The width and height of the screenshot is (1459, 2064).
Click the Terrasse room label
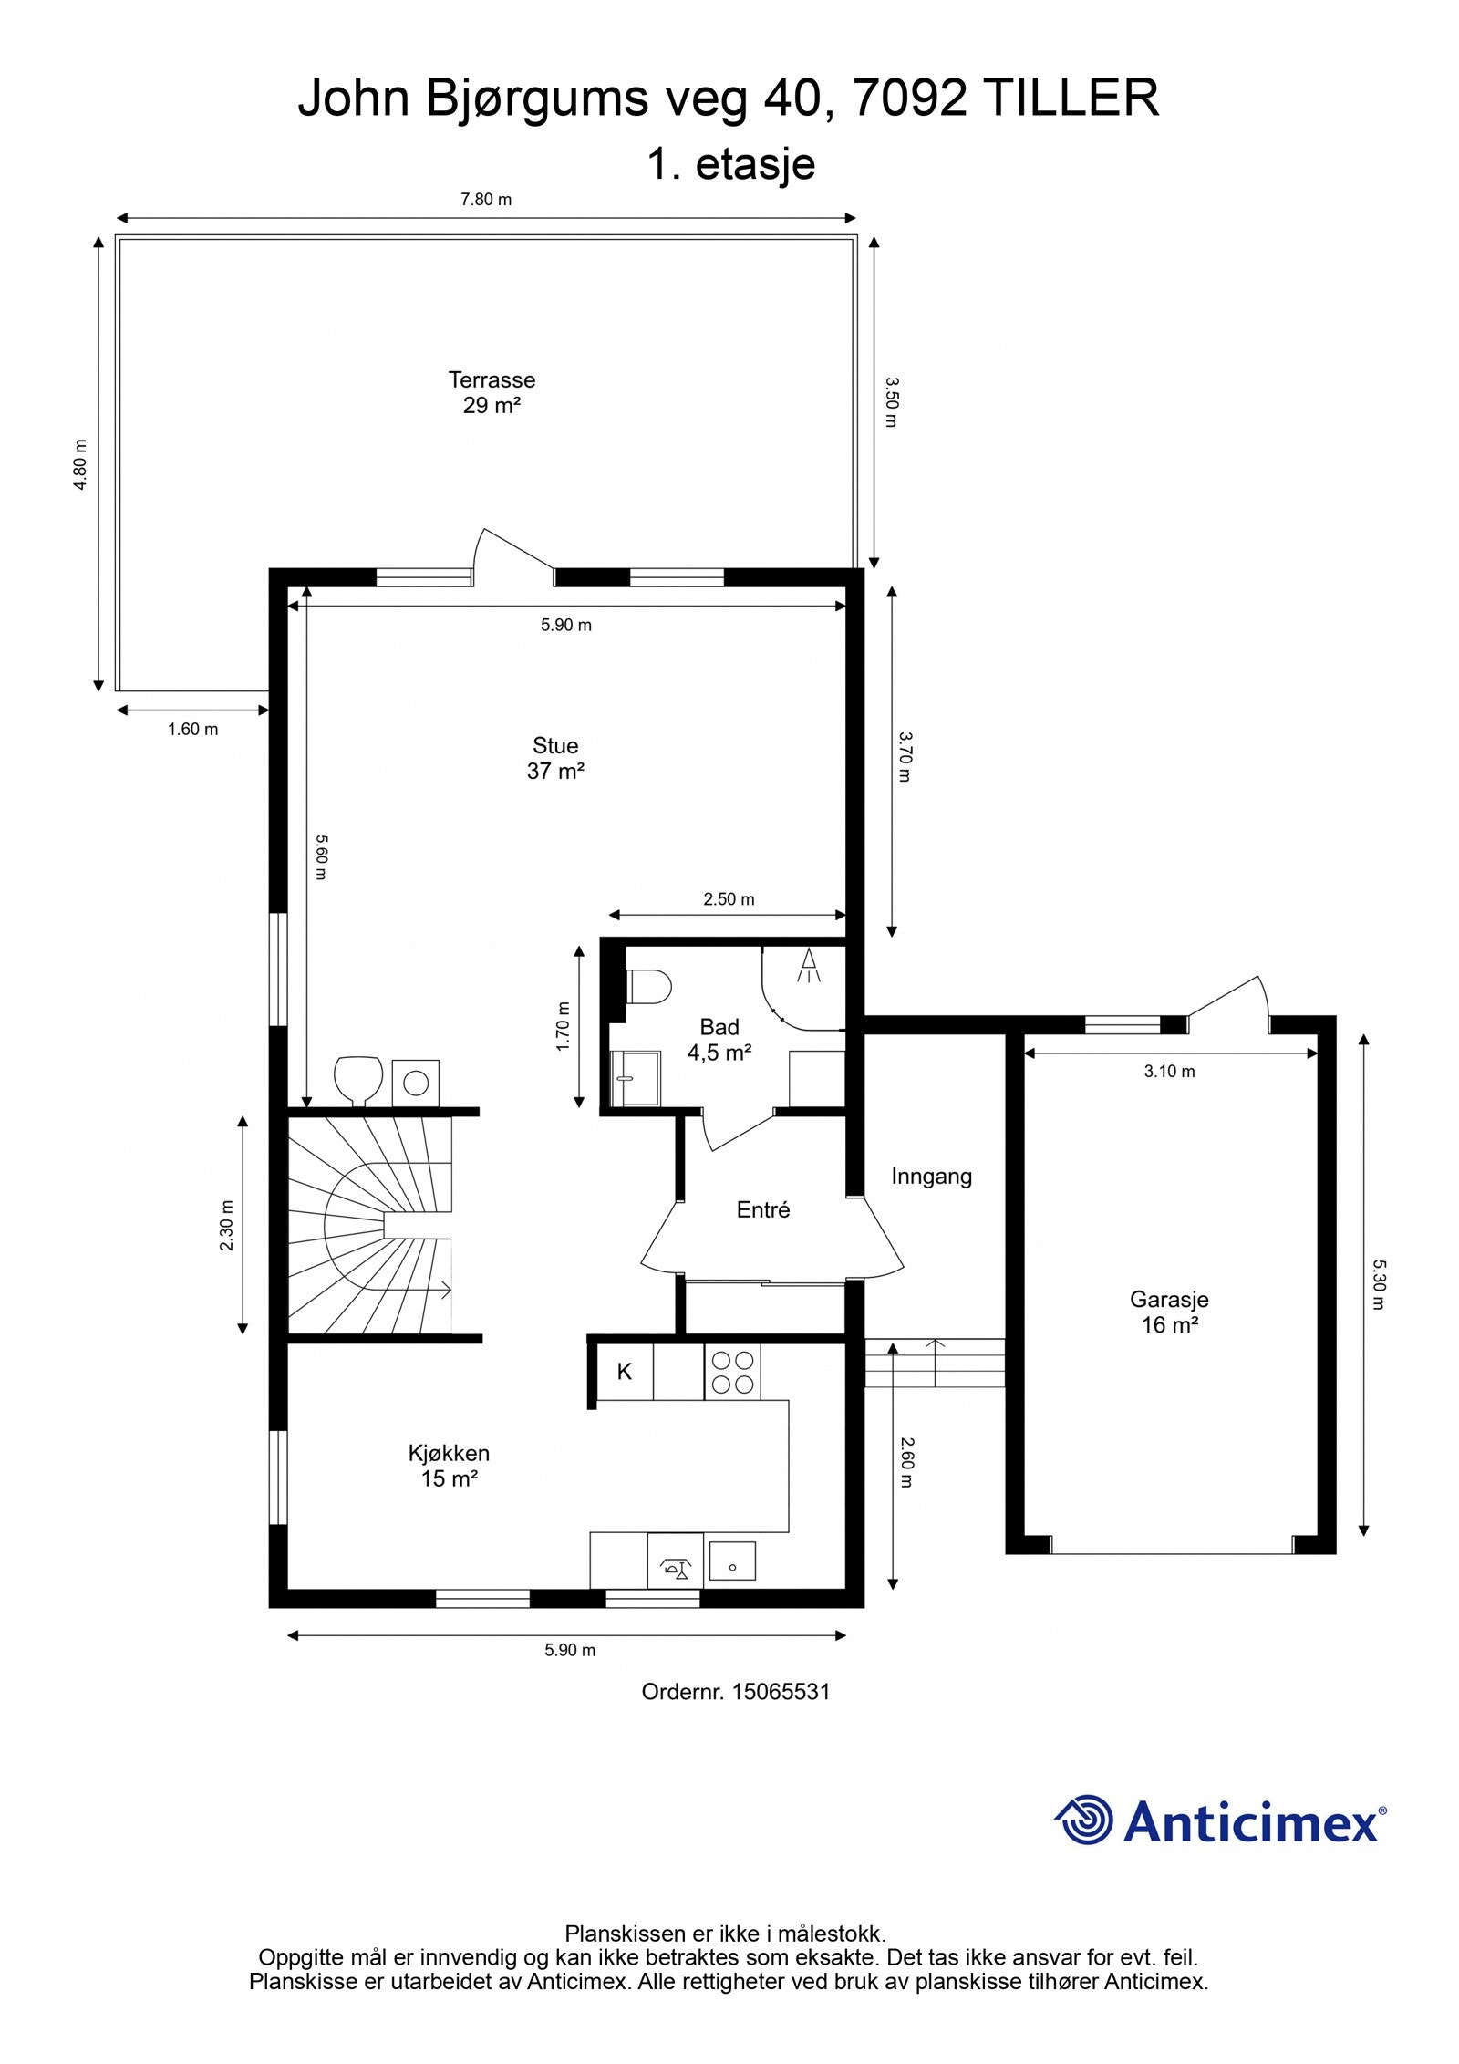pos(492,392)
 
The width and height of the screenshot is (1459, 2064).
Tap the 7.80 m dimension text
pos(486,200)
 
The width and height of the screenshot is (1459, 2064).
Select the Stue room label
pos(555,758)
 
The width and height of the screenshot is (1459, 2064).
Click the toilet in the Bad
pos(649,986)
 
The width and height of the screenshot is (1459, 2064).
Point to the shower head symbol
pos(808,966)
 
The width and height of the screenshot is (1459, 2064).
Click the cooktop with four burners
pos(732,1373)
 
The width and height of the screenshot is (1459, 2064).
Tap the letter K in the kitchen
pos(625,1372)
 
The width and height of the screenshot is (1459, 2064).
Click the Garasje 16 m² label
pos(1169,1312)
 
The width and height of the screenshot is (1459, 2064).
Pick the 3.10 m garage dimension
pos(1170,1072)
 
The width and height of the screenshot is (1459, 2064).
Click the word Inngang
pos(932,1177)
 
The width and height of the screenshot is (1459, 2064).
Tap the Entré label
pos(763,1209)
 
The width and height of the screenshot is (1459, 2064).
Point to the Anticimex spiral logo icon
pos(1084,1820)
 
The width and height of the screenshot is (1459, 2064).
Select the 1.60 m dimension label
pos(193,729)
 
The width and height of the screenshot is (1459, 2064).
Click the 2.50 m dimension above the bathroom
pos(729,899)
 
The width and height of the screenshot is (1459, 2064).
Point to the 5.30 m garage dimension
pos(1379,1284)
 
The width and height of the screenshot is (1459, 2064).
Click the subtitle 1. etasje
pos(730,164)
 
